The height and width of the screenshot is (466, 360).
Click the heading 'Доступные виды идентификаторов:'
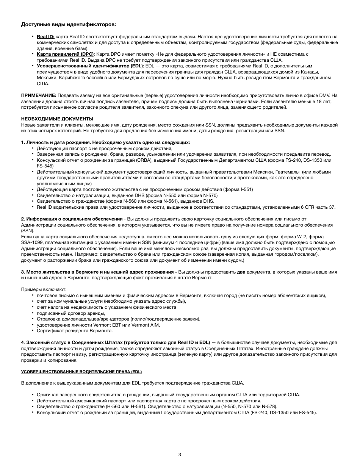click(x=68, y=25)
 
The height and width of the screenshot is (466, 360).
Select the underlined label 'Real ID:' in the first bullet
click(x=45, y=37)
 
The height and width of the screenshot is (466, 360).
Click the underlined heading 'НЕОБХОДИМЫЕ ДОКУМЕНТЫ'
click(x=57, y=119)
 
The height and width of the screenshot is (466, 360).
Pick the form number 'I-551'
click(x=246, y=189)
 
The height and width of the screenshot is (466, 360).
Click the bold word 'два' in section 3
click(x=241, y=272)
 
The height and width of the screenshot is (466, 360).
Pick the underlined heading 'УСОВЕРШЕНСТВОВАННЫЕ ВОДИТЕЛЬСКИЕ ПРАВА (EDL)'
click(x=81, y=371)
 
